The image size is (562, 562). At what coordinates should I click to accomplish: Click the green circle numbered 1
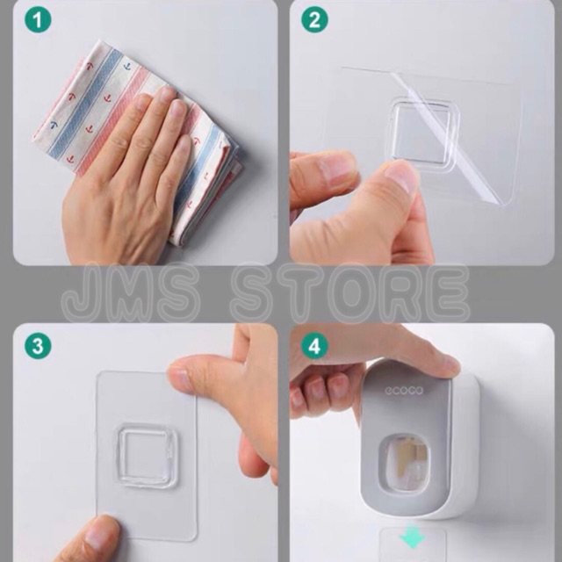[x=38, y=20]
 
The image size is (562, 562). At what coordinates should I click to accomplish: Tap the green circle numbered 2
[x=314, y=20]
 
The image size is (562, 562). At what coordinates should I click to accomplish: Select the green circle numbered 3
[x=38, y=346]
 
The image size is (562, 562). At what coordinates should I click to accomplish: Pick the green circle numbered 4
[x=314, y=346]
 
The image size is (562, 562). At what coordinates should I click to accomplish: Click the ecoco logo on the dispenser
[x=404, y=390]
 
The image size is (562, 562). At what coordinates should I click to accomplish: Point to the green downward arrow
[x=413, y=537]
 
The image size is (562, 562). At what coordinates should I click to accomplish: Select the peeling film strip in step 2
[x=448, y=138]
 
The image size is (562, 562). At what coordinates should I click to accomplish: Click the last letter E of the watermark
[x=450, y=292]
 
